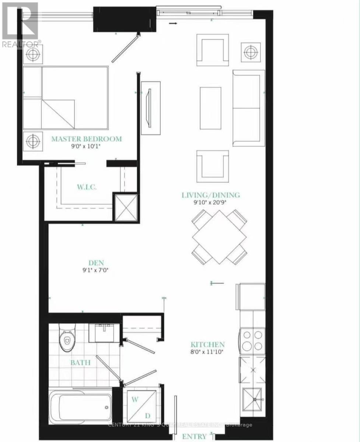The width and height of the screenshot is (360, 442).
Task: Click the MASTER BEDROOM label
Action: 86,139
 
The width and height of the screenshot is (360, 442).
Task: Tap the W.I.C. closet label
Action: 87,187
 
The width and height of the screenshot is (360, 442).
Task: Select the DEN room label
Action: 96,263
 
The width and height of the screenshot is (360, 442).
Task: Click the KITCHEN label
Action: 207,345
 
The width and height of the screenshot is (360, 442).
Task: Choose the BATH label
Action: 81,362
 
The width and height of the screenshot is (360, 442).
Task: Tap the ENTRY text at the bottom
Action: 194,436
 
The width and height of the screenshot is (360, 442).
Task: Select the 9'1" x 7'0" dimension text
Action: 96,270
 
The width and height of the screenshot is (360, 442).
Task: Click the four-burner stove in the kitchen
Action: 253,341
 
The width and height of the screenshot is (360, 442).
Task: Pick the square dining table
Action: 219,237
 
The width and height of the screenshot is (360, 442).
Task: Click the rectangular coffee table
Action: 210,108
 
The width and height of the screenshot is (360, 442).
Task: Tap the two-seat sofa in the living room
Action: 248,108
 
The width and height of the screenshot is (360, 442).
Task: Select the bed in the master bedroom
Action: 66,98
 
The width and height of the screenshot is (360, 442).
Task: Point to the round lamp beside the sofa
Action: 251,52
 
